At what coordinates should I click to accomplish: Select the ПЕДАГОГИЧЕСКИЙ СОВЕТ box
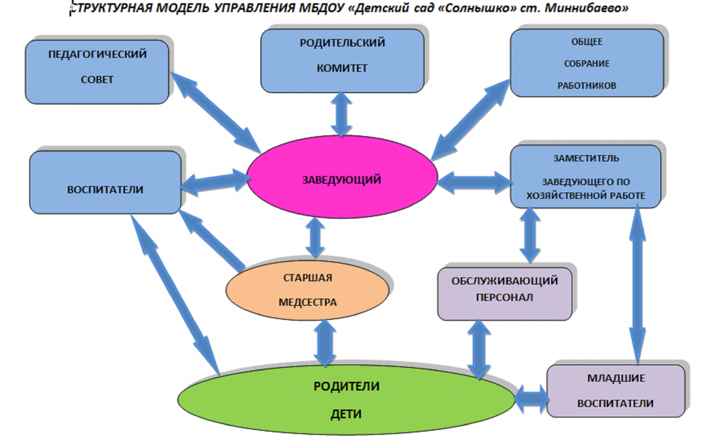[x=97, y=72]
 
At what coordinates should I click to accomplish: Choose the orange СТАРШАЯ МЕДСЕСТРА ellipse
[x=307, y=290]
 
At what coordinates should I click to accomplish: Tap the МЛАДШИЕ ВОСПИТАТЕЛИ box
[x=616, y=391]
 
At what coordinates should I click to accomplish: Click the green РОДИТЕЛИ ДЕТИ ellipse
[x=346, y=400]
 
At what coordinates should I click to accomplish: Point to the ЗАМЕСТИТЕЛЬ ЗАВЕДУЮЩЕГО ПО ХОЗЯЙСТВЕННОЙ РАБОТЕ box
[x=585, y=177]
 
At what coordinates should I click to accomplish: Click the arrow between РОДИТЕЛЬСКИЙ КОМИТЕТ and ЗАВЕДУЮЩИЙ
[x=341, y=114]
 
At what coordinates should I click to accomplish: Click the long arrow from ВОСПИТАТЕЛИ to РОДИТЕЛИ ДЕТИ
[x=176, y=294]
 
